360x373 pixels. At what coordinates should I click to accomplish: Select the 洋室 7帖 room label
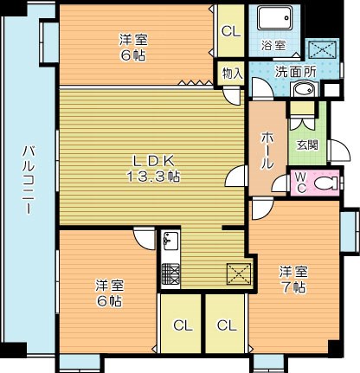292,280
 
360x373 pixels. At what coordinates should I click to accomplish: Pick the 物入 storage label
231,74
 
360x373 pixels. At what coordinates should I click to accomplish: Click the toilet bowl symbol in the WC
325,183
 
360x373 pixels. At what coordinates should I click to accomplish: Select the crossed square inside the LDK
239,273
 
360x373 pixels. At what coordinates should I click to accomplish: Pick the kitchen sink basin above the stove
170,242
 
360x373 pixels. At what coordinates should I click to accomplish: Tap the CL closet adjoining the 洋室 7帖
227,325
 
